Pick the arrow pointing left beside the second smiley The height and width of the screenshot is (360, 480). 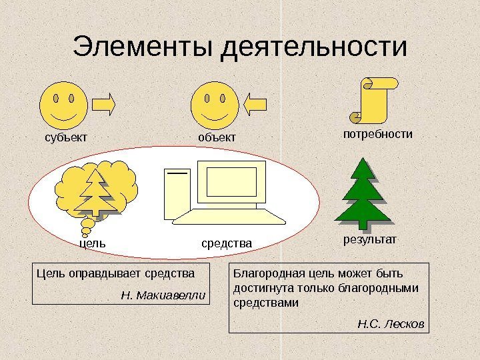pyautogui.click(x=256, y=104)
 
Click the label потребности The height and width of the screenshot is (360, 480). pyautogui.click(x=377, y=134)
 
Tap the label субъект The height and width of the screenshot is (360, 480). pyautogui.click(x=66, y=137)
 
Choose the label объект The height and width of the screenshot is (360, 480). pyautogui.click(x=217, y=137)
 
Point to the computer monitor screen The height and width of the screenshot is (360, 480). pyautogui.click(x=231, y=180)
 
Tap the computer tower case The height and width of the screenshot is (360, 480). pyautogui.click(x=177, y=193)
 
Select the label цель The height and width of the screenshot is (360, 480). pyautogui.click(x=93, y=244)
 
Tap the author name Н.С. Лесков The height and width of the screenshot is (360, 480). pyautogui.click(x=391, y=325)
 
